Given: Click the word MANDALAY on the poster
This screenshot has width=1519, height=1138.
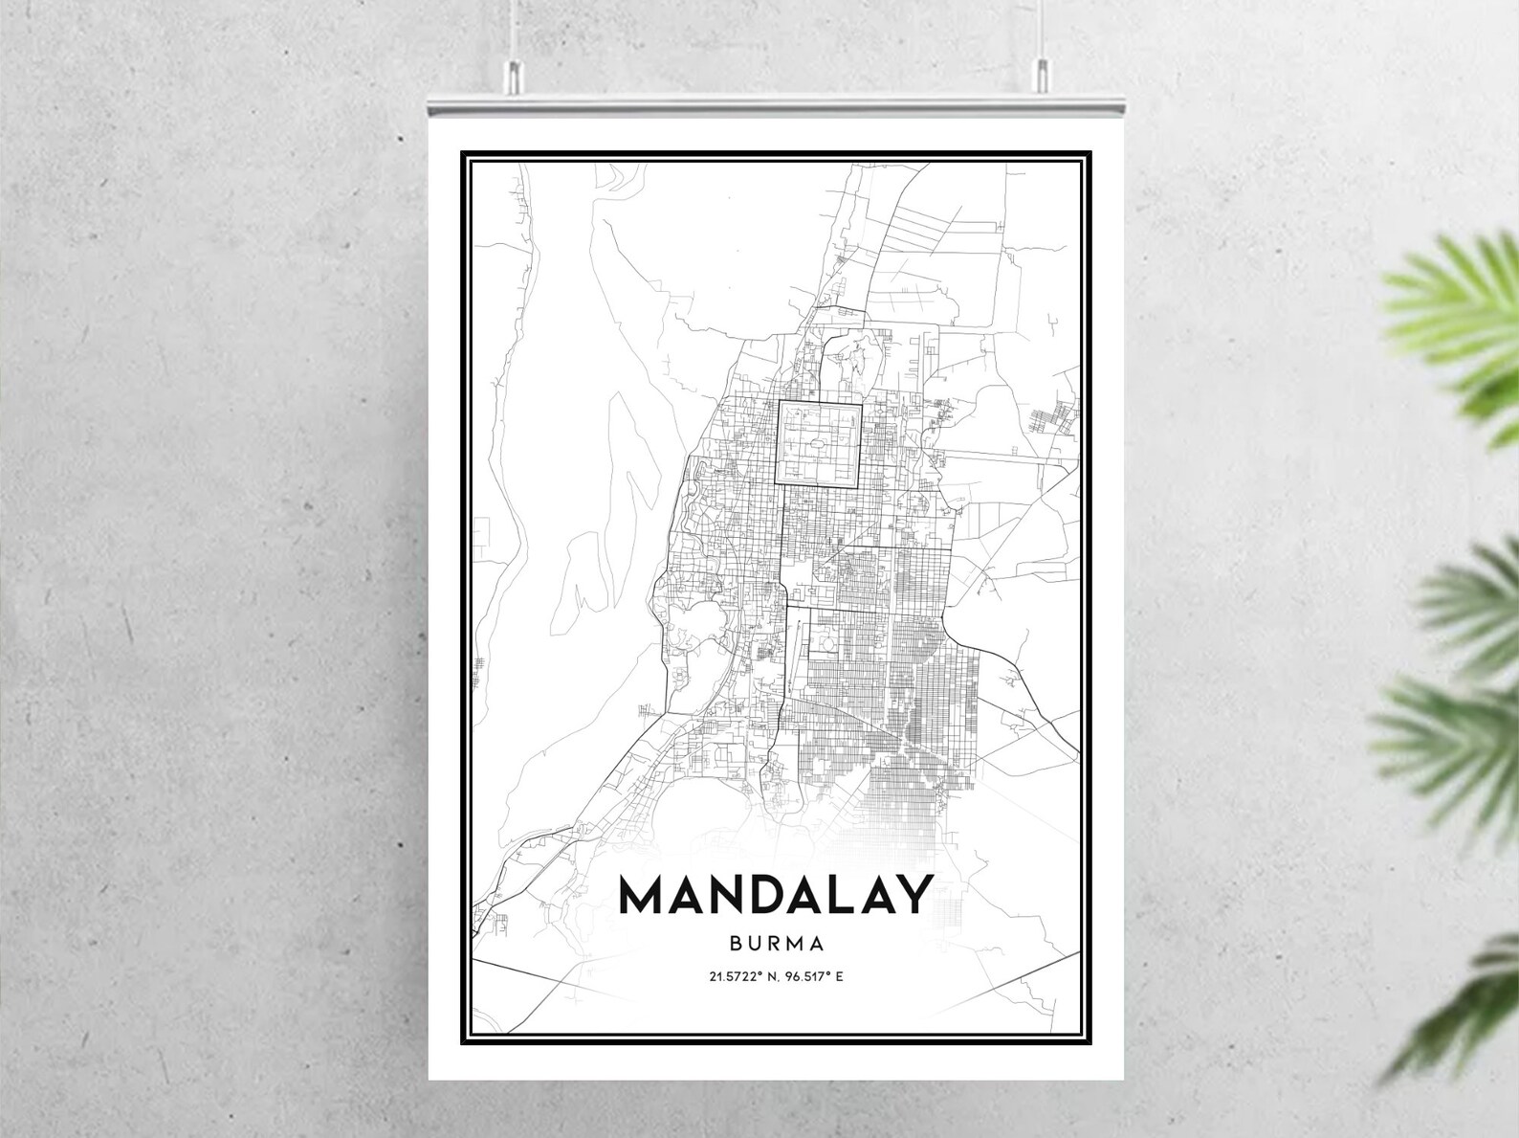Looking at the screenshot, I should (776, 895).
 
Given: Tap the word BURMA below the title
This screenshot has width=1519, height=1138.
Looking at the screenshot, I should (776, 943).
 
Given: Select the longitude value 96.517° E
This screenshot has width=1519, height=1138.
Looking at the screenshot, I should (814, 977).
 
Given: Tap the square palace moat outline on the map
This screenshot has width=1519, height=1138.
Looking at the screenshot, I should (819, 445).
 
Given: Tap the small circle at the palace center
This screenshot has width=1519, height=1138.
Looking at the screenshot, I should (817, 444).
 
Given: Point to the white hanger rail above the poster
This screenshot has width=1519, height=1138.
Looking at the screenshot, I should (776, 104).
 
